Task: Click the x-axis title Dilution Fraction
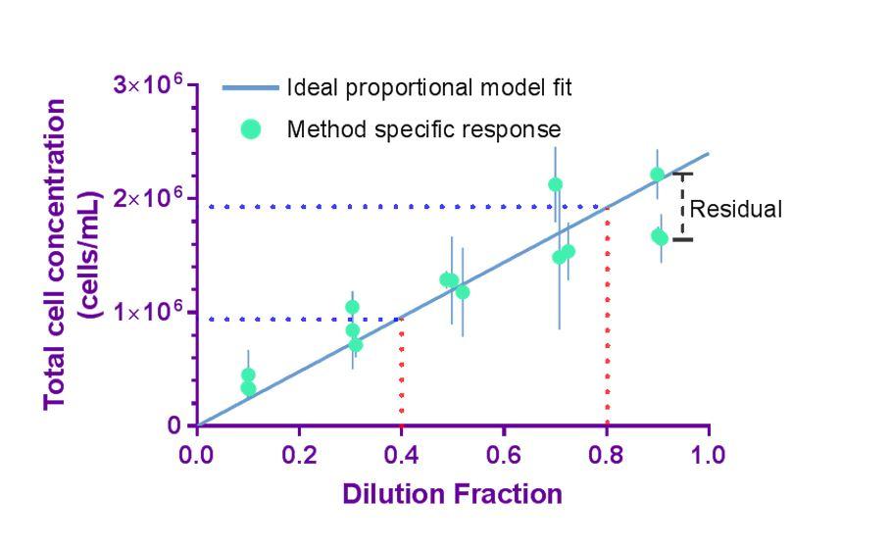(452, 493)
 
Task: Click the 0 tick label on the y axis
(173, 426)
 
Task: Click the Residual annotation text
(736, 209)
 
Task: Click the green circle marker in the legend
(251, 128)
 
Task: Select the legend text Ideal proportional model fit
(429, 87)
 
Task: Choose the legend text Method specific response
(423, 128)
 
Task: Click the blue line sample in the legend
(250, 87)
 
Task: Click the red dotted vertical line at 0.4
(401, 373)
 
